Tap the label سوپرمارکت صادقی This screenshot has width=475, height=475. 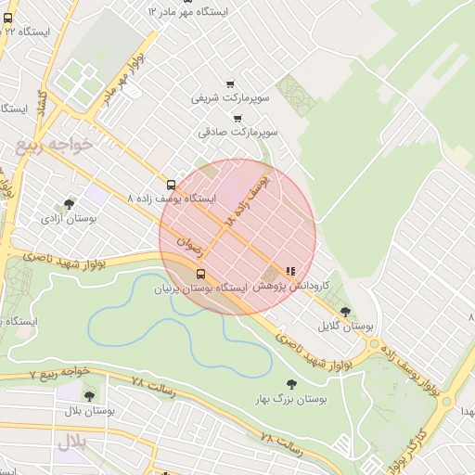tap(236, 132)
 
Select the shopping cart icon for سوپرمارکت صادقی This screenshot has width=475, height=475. tap(237, 118)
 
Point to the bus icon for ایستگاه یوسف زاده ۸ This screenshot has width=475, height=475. tap(171, 185)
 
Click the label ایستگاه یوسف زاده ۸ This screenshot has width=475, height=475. tap(172, 199)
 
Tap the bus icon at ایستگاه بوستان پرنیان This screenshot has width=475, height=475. tap(200, 273)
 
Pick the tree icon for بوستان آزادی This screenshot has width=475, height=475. tap(69, 204)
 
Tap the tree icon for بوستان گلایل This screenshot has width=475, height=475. tap(345, 312)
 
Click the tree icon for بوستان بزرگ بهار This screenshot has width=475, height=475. tap(292, 384)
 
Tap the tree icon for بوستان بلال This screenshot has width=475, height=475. tap(89, 396)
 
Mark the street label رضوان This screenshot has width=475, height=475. tap(188, 245)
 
